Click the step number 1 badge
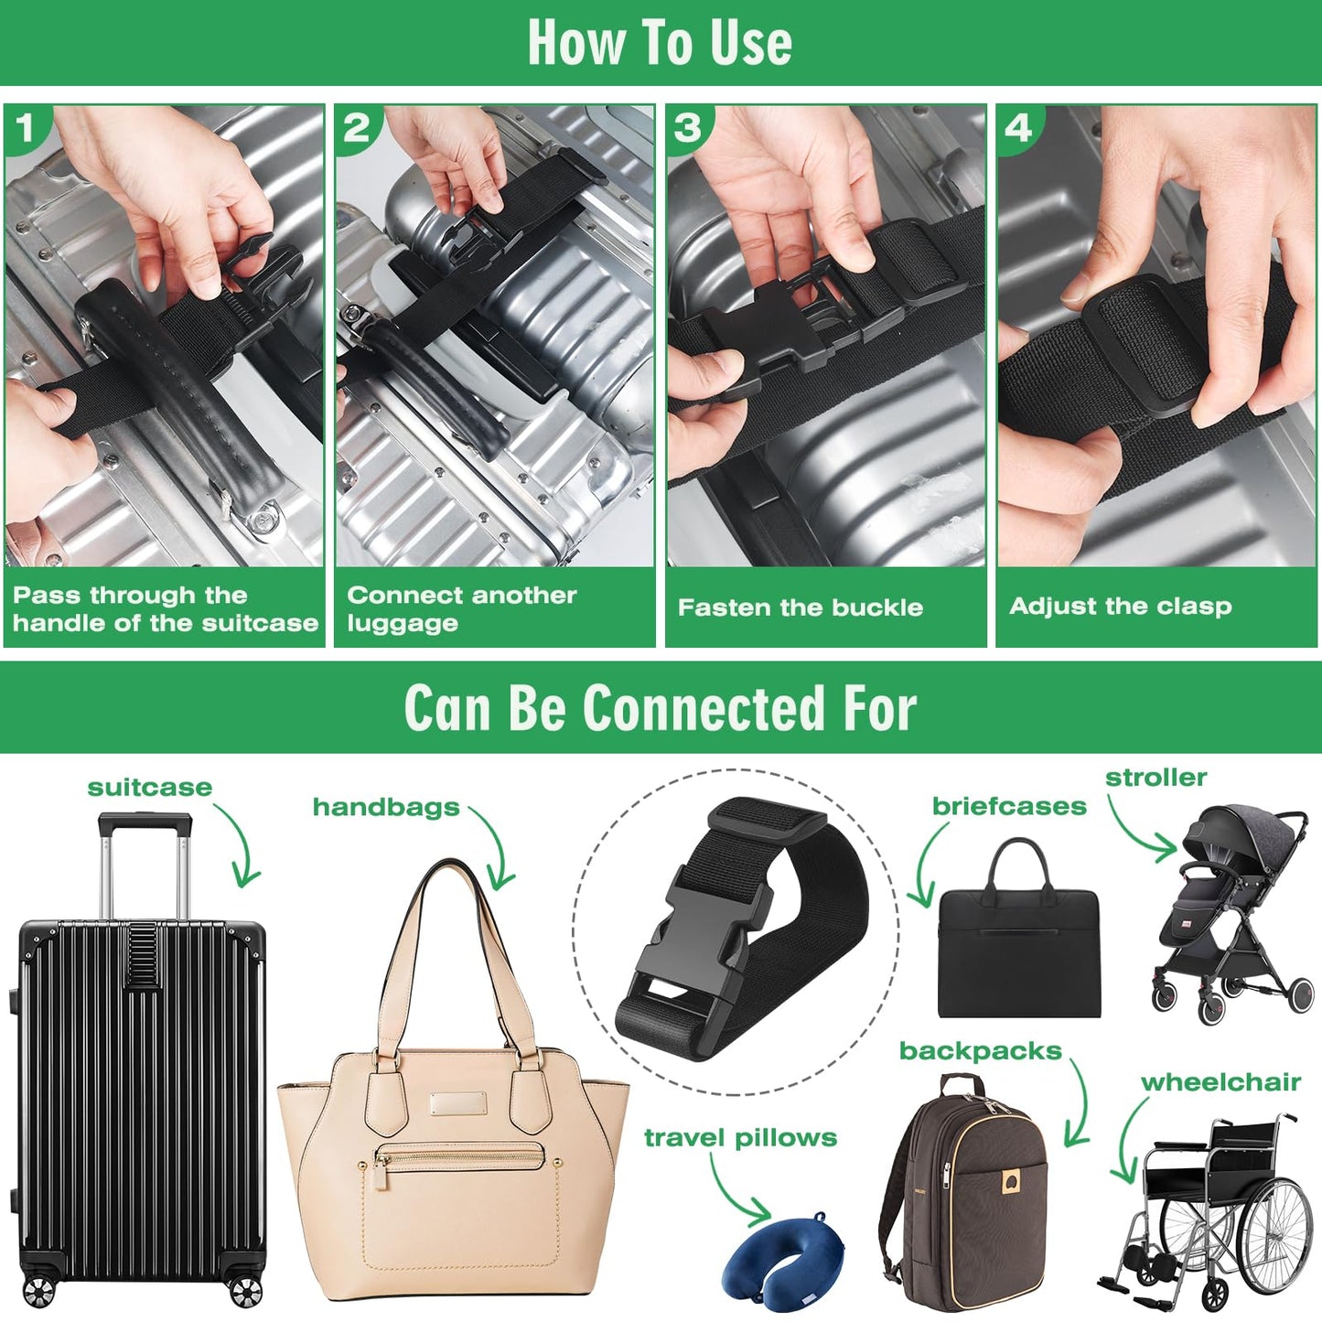point(25,128)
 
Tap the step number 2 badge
point(356,128)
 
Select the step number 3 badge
point(687,128)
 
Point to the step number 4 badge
point(1018,128)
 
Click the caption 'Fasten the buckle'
point(800,607)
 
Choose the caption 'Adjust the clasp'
point(1120,606)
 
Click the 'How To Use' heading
point(660,42)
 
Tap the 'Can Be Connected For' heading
point(660,708)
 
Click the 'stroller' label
point(1155,778)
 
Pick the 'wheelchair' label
point(1220,1082)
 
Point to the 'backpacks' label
point(980,1051)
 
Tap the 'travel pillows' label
point(740,1137)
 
